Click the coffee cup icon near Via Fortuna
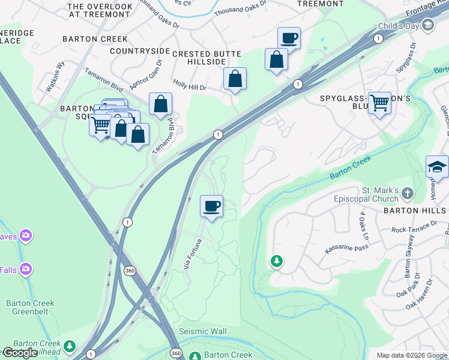[x=211, y=207]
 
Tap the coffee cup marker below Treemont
[x=289, y=38]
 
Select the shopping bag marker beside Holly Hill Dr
[x=235, y=79]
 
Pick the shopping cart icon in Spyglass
[x=379, y=103]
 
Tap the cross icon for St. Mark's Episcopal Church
[x=408, y=193]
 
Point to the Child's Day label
[x=399, y=26]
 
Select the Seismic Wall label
[x=202, y=332]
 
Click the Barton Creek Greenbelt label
[x=30, y=307]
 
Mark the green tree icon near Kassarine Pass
[x=276, y=262]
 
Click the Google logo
[x=20, y=353]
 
